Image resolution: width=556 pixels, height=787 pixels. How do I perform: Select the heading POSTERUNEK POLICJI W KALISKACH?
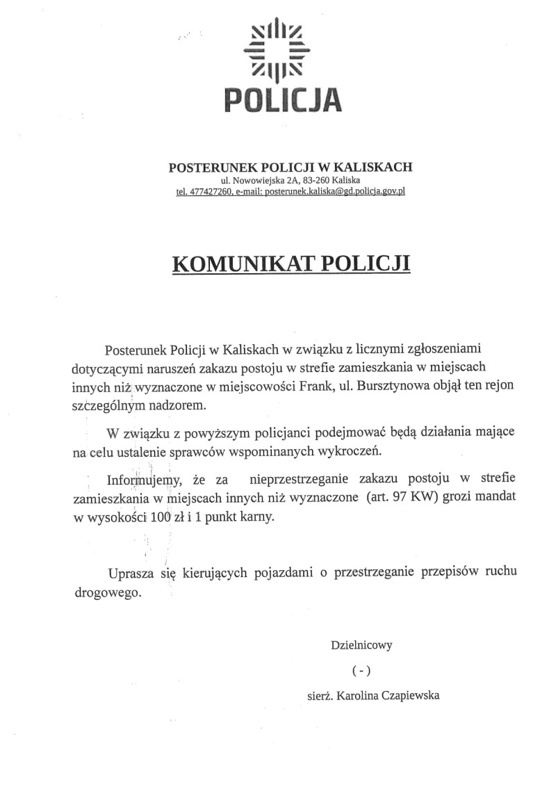click(x=291, y=167)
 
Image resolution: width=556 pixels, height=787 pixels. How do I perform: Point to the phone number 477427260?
click(x=208, y=191)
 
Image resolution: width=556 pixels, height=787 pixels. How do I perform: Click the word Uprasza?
click(x=129, y=574)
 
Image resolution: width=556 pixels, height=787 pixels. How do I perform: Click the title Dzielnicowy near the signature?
click(x=361, y=644)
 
